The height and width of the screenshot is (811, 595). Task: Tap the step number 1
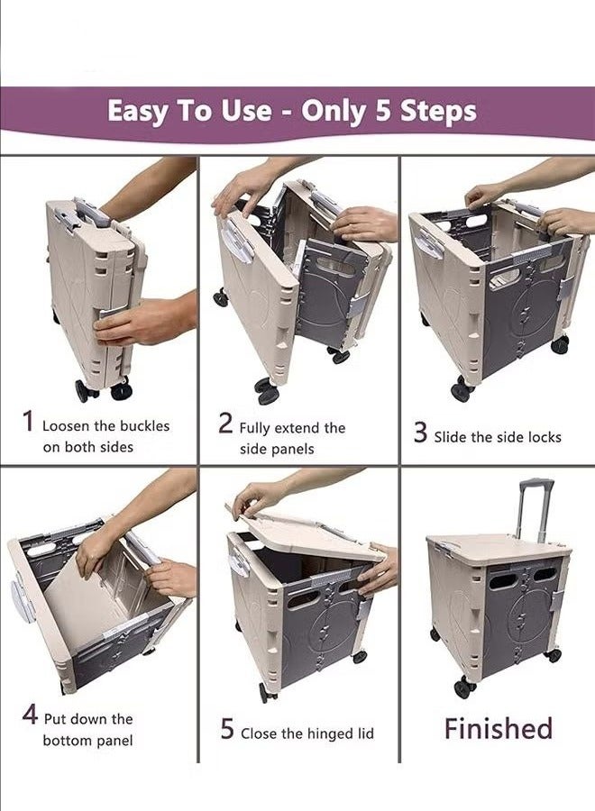tap(28, 422)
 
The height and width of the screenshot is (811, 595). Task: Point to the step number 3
tap(420, 433)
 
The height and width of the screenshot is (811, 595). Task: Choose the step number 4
tap(30, 716)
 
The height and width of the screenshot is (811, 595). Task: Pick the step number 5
tap(227, 729)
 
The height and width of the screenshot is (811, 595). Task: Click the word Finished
tap(498, 728)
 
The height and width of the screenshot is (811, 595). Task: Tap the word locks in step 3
tap(543, 437)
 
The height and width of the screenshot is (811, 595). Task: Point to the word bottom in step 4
tap(67, 741)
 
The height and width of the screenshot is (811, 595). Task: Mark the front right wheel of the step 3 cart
tap(560, 344)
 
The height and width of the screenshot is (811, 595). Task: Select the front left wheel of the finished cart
tap(464, 688)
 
